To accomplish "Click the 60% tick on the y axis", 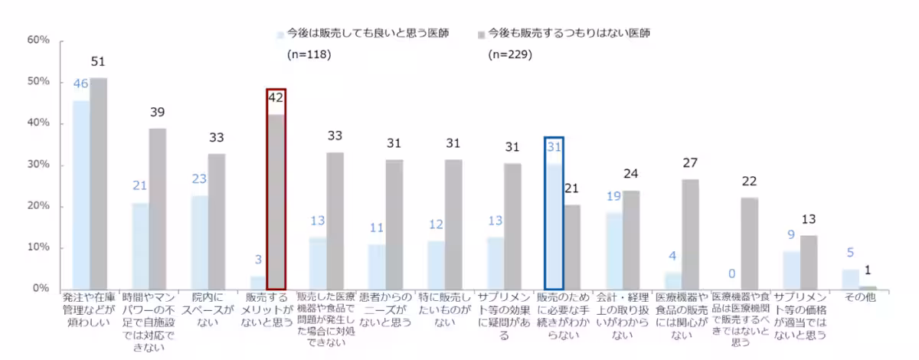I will coord(38,40).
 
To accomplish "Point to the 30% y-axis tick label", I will coord(38,165).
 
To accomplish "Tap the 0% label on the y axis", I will coord(41,289).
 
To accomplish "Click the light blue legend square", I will coord(280,34).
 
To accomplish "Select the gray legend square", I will coord(482,34).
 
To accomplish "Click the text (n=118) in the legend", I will coord(305,55).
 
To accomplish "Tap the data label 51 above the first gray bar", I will coord(98,62).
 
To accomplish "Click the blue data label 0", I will coord(732,273).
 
